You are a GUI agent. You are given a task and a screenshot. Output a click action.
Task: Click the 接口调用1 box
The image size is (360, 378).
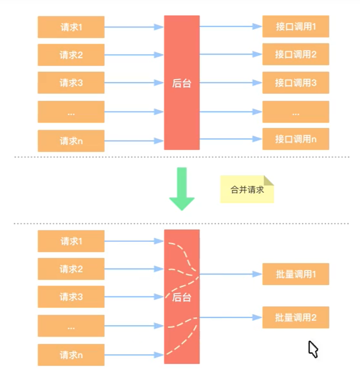tap(296, 27)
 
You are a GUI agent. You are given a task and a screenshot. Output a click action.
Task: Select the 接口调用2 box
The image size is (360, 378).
tap(296, 54)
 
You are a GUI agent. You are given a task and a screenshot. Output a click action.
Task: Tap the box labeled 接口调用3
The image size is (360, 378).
tap(296, 83)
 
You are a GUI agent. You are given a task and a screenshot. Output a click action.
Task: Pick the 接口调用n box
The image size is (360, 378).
tap(296, 139)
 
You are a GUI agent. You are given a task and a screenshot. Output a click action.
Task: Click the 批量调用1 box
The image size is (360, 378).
tap(296, 274)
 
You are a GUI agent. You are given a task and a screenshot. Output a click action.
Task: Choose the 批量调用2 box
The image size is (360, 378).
tap(296, 317)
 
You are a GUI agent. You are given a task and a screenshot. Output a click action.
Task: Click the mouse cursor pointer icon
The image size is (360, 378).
tap(313, 349)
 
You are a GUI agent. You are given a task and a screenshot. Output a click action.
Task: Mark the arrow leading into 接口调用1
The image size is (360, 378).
tap(231, 27)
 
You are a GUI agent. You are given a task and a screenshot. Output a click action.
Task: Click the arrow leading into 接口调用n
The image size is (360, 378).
tap(231, 138)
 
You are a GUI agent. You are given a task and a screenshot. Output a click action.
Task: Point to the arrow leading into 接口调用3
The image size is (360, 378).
tap(231, 83)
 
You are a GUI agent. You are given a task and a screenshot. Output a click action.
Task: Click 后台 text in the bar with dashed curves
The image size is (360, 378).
tap(182, 298)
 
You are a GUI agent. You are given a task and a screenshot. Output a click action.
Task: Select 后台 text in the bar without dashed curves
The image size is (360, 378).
tap(182, 84)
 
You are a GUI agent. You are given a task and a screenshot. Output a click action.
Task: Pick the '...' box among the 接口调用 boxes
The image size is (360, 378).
tap(296, 112)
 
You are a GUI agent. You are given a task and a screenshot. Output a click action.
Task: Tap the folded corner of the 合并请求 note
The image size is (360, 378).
tap(268, 180)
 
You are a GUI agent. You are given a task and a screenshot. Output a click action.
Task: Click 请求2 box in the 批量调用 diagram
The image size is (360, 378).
tap(71, 269)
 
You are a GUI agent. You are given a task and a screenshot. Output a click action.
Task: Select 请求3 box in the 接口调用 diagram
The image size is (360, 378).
tap(71, 83)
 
